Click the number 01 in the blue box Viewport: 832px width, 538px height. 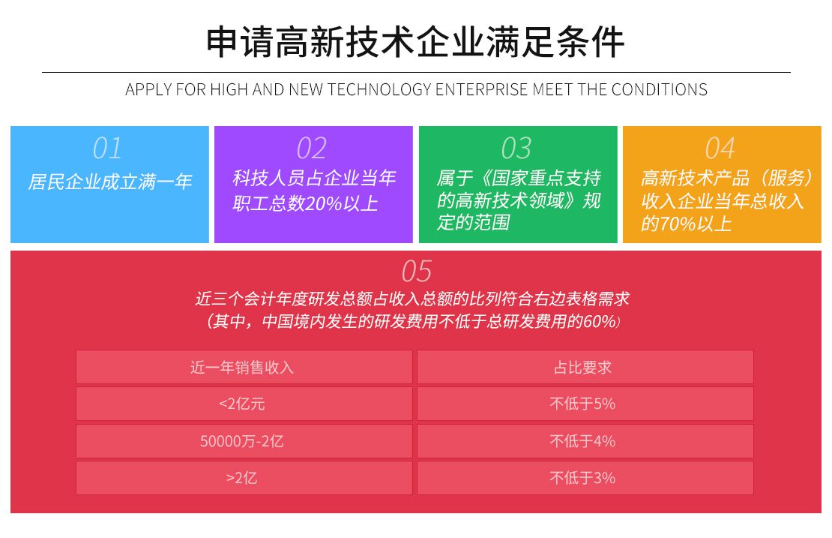[x=107, y=148]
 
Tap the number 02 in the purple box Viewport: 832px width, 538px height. [x=312, y=148]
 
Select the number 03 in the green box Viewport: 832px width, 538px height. [x=516, y=148]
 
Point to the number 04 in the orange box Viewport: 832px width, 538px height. [x=720, y=148]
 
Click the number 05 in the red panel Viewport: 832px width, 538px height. [x=417, y=272]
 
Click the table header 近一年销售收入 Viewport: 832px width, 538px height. [x=242, y=367]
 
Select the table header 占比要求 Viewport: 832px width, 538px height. [x=582, y=367]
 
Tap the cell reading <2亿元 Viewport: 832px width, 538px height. [x=242, y=404]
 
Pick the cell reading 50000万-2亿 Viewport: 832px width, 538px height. [x=242, y=440]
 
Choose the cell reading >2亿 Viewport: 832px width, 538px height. [x=242, y=478]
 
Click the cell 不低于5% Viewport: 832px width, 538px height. [x=582, y=404]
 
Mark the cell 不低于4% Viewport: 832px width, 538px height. [x=582, y=440]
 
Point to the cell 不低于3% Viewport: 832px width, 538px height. [x=582, y=478]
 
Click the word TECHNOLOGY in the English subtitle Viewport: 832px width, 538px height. [x=379, y=89]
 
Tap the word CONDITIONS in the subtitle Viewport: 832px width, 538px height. [x=660, y=89]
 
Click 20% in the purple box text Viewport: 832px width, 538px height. [x=324, y=203]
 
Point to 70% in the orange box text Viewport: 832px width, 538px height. [x=677, y=224]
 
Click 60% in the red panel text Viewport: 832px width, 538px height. [x=599, y=321]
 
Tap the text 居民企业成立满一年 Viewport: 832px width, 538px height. [x=110, y=182]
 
